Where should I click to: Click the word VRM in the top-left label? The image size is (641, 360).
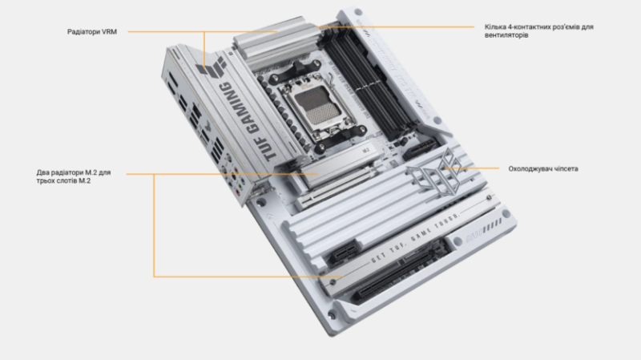point(108,32)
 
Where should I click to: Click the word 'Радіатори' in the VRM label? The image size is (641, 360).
point(84,32)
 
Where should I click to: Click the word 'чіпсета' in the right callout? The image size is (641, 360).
point(564,168)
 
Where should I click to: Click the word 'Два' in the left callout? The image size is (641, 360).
point(44,172)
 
